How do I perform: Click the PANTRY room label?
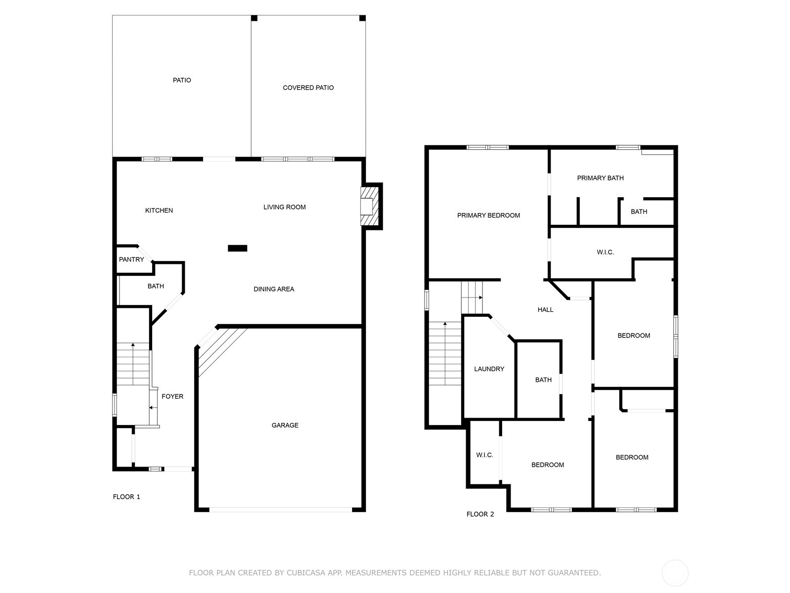(131, 259)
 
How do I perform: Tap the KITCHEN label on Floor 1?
(158, 211)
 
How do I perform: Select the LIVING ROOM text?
(284, 207)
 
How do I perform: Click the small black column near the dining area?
(237, 248)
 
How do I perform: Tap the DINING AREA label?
(274, 289)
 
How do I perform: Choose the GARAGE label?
(285, 425)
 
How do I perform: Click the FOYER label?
(172, 396)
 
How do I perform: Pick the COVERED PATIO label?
(308, 87)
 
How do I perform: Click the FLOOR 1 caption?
(126, 497)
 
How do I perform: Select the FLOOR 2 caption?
(480, 514)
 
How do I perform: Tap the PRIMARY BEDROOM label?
(488, 215)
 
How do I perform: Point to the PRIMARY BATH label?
(600, 178)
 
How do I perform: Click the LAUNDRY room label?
(489, 369)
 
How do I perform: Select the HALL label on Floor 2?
(545, 310)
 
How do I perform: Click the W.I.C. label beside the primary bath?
(605, 253)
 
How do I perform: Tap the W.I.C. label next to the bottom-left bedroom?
(484, 455)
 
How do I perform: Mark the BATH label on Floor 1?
(156, 286)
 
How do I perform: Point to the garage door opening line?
(281, 509)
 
